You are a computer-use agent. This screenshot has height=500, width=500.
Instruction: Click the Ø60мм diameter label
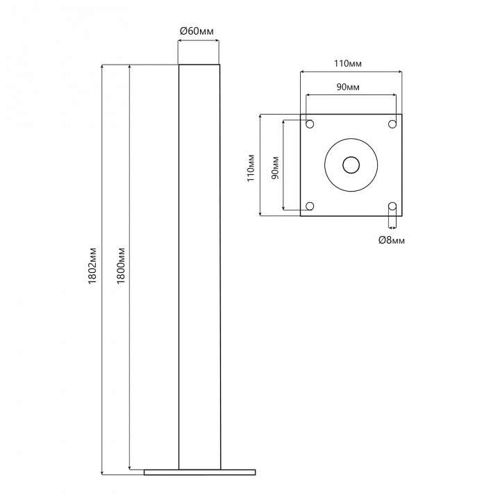[x=197, y=31]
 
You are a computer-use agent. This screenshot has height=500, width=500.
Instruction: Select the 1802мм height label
[x=92, y=265]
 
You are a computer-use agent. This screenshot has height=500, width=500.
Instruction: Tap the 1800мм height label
[x=121, y=265]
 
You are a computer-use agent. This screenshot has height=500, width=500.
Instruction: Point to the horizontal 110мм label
[x=348, y=63]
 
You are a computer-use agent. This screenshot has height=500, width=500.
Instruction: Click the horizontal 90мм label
[x=348, y=87]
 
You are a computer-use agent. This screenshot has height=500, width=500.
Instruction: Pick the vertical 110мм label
[x=251, y=168]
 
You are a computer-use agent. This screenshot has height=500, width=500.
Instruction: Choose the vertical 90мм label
[x=275, y=168]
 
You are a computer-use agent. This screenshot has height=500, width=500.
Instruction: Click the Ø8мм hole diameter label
[x=392, y=240]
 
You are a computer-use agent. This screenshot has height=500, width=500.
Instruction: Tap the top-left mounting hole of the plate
[x=310, y=124]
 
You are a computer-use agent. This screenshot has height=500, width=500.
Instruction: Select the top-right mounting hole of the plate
[x=392, y=124]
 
